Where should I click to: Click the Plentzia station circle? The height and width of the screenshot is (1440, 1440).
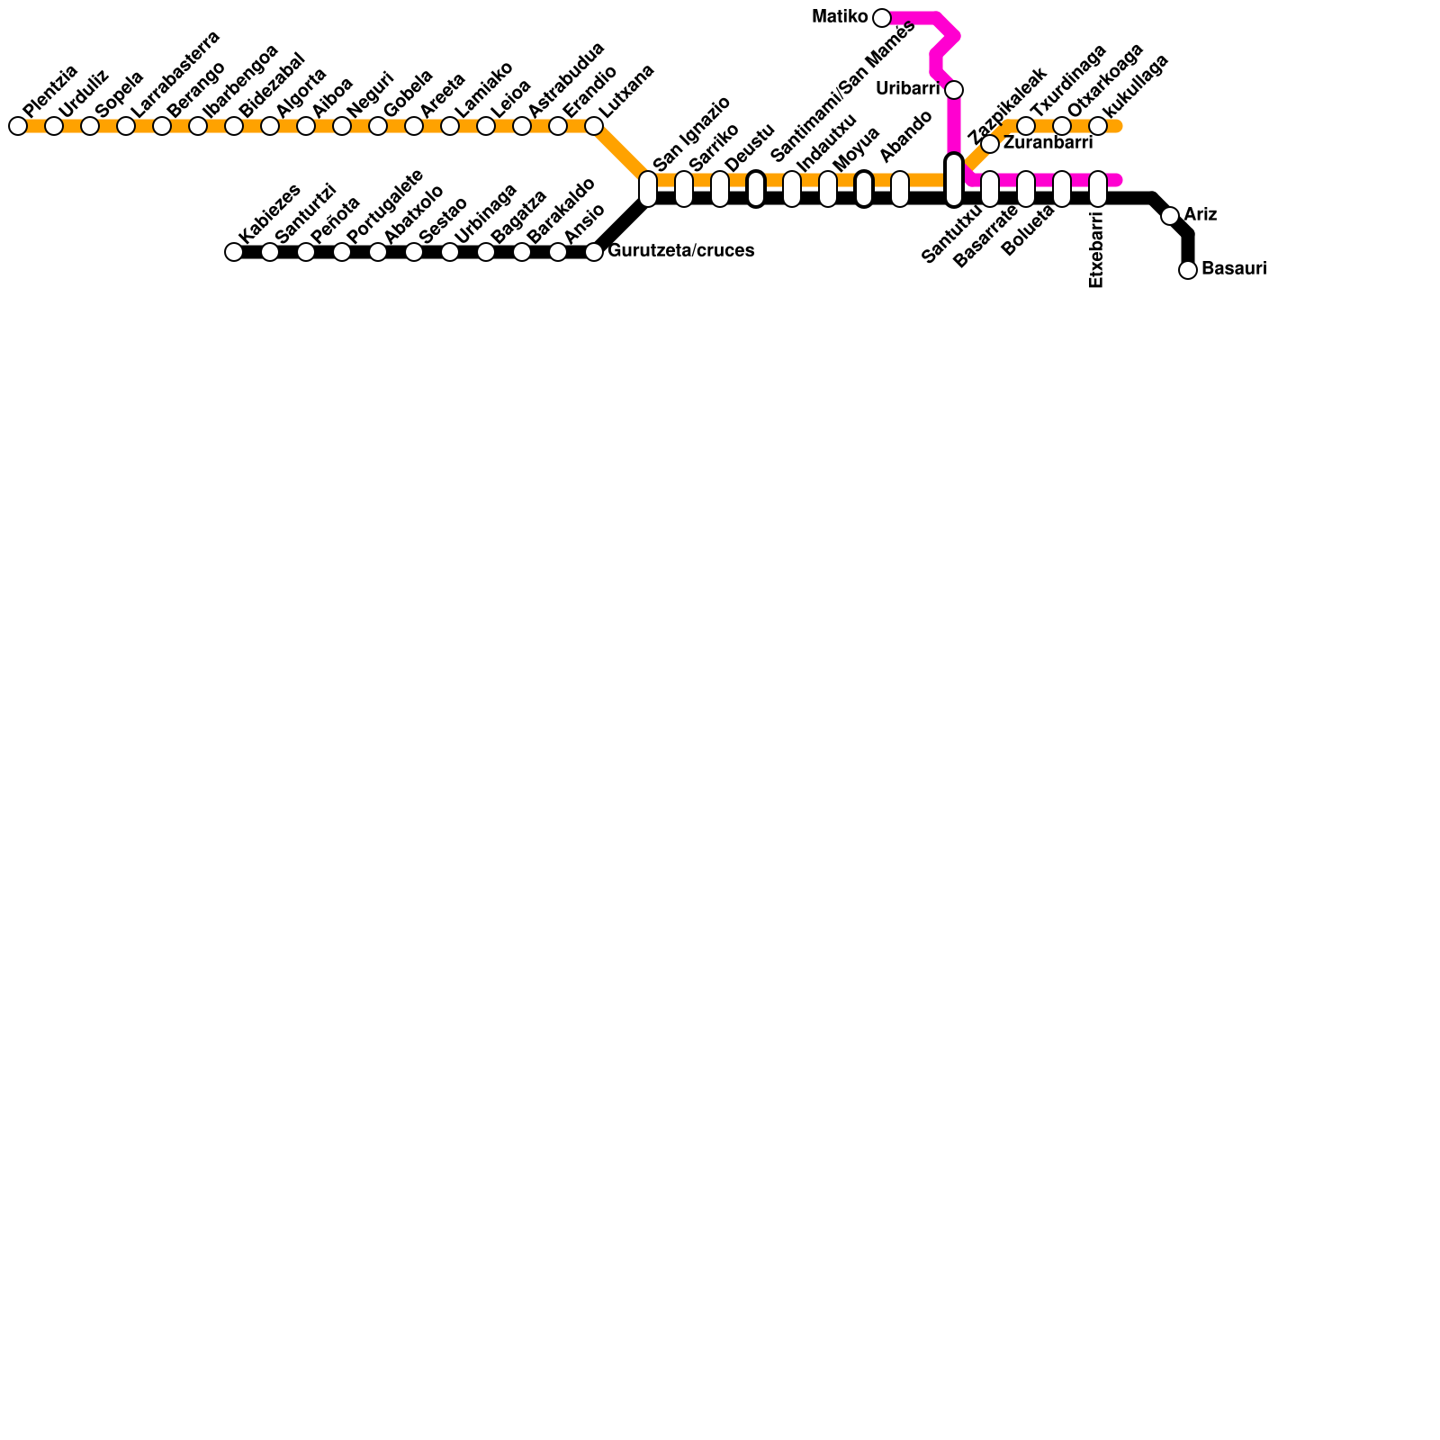(x=18, y=126)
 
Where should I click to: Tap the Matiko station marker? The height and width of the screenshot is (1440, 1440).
(x=882, y=18)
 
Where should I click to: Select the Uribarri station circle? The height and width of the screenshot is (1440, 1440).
(x=954, y=90)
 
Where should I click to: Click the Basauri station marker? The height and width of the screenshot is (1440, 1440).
(x=1188, y=270)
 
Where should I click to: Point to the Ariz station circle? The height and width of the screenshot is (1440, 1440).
(x=1170, y=216)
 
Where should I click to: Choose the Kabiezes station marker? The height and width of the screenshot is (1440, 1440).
(x=234, y=252)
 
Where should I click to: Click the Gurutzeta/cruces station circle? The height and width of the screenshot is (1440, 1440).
(x=594, y=252)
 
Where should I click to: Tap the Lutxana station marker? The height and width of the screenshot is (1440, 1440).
(x=594, y=126)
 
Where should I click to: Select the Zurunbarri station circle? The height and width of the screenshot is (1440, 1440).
(x=990, y=144)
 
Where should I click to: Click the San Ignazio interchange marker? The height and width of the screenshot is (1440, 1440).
(x=648, y=189)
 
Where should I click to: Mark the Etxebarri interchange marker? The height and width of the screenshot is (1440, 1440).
(x=1098, y=189)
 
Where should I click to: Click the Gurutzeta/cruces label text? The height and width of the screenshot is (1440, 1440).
(x=680, y=251)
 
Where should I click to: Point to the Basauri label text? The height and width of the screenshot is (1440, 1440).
(x=1234, y=269)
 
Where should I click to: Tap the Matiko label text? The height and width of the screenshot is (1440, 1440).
(x=840, y=17)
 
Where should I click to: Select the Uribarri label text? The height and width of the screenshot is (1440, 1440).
(x=907, y=89)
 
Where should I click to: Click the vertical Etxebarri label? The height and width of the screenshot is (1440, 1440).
(x=1096, y=250)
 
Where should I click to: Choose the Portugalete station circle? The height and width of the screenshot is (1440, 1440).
(x=342, y=252)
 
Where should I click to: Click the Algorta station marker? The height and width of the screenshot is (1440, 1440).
(x=270, y=126)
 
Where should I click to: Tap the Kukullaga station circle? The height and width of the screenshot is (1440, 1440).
(x=1098, y=126)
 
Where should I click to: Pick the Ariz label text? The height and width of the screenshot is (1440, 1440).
(x=1201, y=215)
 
